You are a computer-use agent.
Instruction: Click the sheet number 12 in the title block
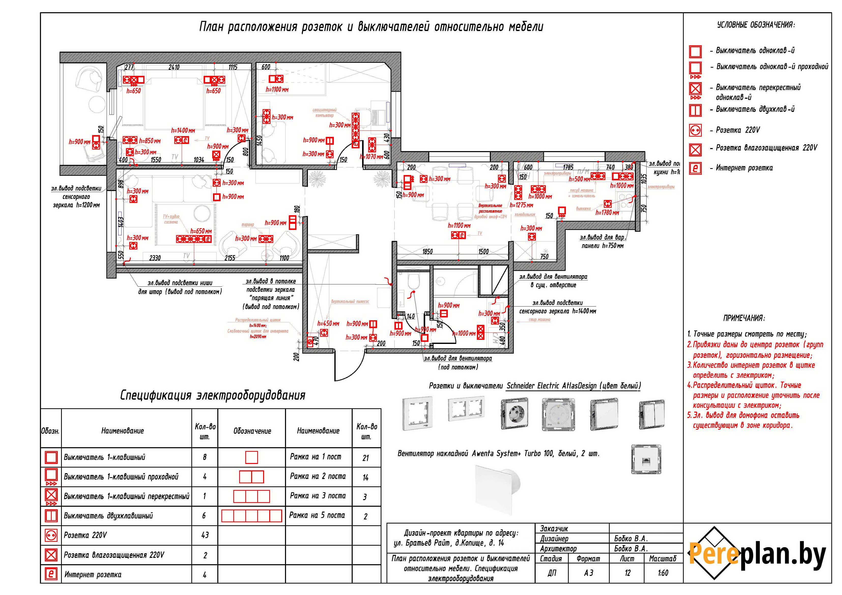627,573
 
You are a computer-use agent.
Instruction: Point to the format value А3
588,573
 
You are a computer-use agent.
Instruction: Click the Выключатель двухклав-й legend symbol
695,110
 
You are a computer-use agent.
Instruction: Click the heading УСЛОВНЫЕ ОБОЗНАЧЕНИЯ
756,25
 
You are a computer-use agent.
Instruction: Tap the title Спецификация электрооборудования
213,395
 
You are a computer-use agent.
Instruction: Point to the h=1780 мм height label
607,213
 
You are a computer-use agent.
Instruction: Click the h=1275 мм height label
521,205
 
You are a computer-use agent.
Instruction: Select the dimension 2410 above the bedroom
174,67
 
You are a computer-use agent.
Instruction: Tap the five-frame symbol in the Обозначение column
252,516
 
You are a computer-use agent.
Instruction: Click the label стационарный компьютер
324,112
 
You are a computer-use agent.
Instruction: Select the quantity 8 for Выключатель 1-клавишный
205,457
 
